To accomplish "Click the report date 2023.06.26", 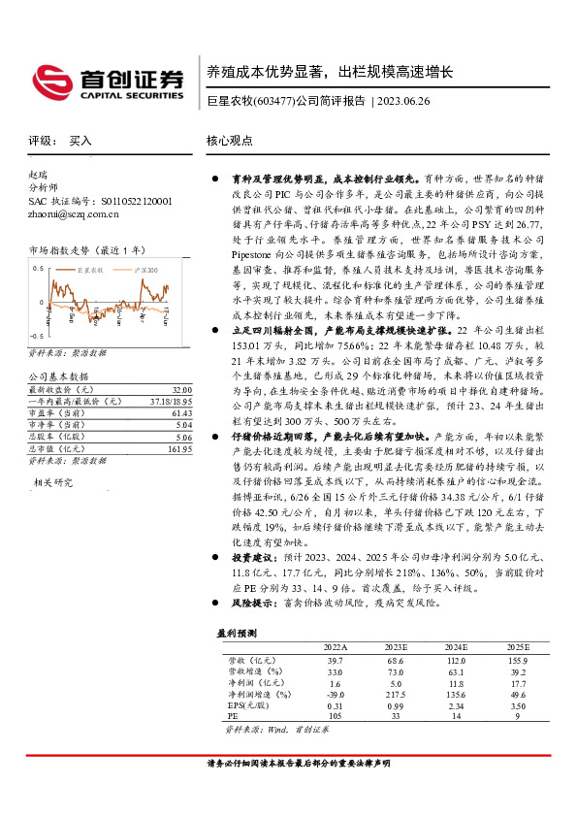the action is pos(406,100).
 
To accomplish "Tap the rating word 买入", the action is pos(80,141).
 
